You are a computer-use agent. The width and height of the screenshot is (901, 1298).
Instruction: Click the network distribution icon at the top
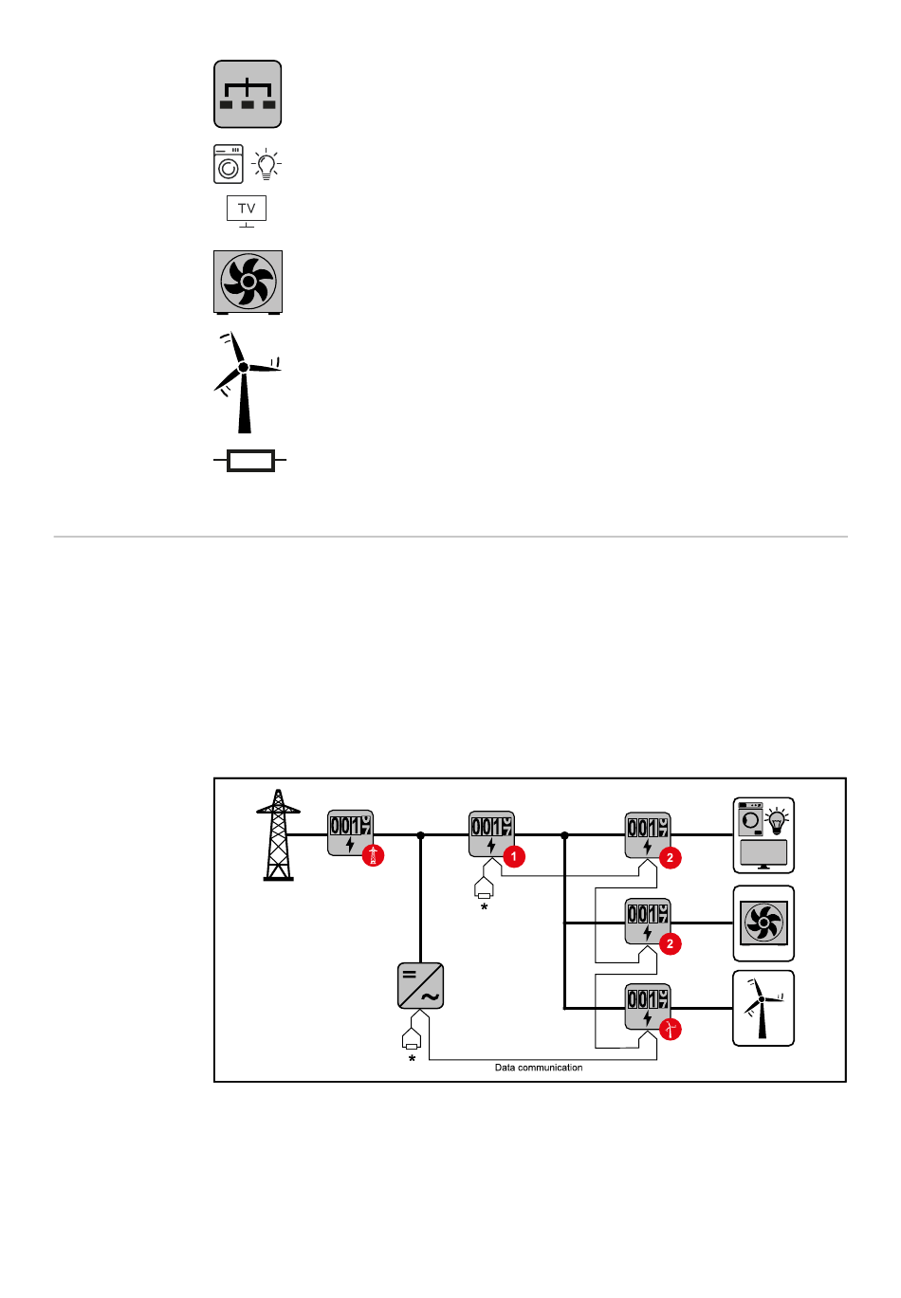(x=248, y=95)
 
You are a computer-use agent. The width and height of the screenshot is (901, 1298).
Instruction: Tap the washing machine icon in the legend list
(x=229, y=164)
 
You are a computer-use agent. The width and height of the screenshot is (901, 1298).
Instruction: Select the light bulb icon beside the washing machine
(x=267, y=165)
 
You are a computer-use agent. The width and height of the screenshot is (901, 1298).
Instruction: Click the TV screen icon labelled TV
(x=247, y=209)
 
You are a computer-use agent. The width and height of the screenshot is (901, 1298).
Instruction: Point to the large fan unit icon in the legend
(x=248, y=282)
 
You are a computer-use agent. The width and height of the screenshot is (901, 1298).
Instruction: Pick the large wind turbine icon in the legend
(x=245, y=381)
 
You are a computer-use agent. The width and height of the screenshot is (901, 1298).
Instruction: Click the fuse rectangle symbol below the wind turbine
(x=250, y=462)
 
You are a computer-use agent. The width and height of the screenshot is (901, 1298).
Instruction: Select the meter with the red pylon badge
(x=350, y=832)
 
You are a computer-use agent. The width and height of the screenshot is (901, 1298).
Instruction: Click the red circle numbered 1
(x=513, y=857)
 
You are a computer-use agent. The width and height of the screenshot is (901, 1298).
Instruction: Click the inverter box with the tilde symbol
(x=420, y=986)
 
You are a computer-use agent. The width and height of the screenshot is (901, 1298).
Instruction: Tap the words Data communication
(x=539, y=1068)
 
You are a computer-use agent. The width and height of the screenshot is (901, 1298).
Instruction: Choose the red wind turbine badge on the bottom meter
(x=670, y=1029)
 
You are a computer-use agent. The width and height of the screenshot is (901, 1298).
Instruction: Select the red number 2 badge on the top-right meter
(x=670, y=858)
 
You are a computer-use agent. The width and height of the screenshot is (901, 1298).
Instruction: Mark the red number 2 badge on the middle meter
(x=670, y=943)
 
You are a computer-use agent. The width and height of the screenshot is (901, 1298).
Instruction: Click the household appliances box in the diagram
(x=763, y=835)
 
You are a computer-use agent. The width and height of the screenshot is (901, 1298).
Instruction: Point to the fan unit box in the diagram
(x=763, y=923)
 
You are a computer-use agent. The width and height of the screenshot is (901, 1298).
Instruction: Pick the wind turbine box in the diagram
(x=763, y=1008)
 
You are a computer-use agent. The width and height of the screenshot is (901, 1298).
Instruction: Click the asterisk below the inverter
(x=412, y=1058)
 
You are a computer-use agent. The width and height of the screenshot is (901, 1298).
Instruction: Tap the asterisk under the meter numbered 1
(x=485, y=907)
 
